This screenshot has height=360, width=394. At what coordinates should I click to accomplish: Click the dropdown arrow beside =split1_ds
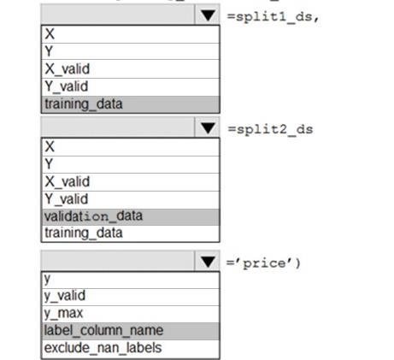click(208, 15)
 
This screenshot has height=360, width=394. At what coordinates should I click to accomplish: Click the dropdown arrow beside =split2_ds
click(208, 128)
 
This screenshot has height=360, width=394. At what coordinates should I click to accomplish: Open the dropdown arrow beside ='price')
click(208, 262)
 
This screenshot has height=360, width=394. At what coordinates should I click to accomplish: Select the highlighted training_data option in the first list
click(84, 104)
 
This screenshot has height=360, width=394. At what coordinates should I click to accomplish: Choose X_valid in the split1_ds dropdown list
click(68, 68)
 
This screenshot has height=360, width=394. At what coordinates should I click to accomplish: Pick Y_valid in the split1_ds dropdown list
click(67, 86)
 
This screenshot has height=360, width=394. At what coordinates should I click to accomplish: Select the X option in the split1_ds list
click(50, 34)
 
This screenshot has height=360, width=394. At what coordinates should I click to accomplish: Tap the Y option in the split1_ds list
click(49, 51)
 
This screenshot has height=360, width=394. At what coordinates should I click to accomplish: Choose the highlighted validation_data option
click(93, 216)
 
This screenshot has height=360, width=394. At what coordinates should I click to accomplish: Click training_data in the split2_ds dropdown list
click(84, 233)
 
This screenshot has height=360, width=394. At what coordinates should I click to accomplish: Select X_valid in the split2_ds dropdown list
click(68, 181)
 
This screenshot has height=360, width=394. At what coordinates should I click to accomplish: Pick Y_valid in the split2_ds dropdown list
click(67, 198)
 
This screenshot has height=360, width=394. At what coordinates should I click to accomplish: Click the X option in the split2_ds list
click(50, 146)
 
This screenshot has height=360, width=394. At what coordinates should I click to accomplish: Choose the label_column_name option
click(103, 331)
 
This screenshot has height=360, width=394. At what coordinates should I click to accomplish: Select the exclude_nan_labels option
click(103, 348)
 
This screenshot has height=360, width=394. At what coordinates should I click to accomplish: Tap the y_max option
click(63, 313)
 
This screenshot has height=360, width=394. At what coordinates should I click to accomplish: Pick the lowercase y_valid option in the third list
click(65, 296)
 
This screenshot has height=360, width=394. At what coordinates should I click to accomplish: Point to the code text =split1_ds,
click(273, 17)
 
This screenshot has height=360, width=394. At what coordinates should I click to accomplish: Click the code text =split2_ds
click(271, 129)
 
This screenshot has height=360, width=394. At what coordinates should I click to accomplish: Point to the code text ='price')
click(263, 263)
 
